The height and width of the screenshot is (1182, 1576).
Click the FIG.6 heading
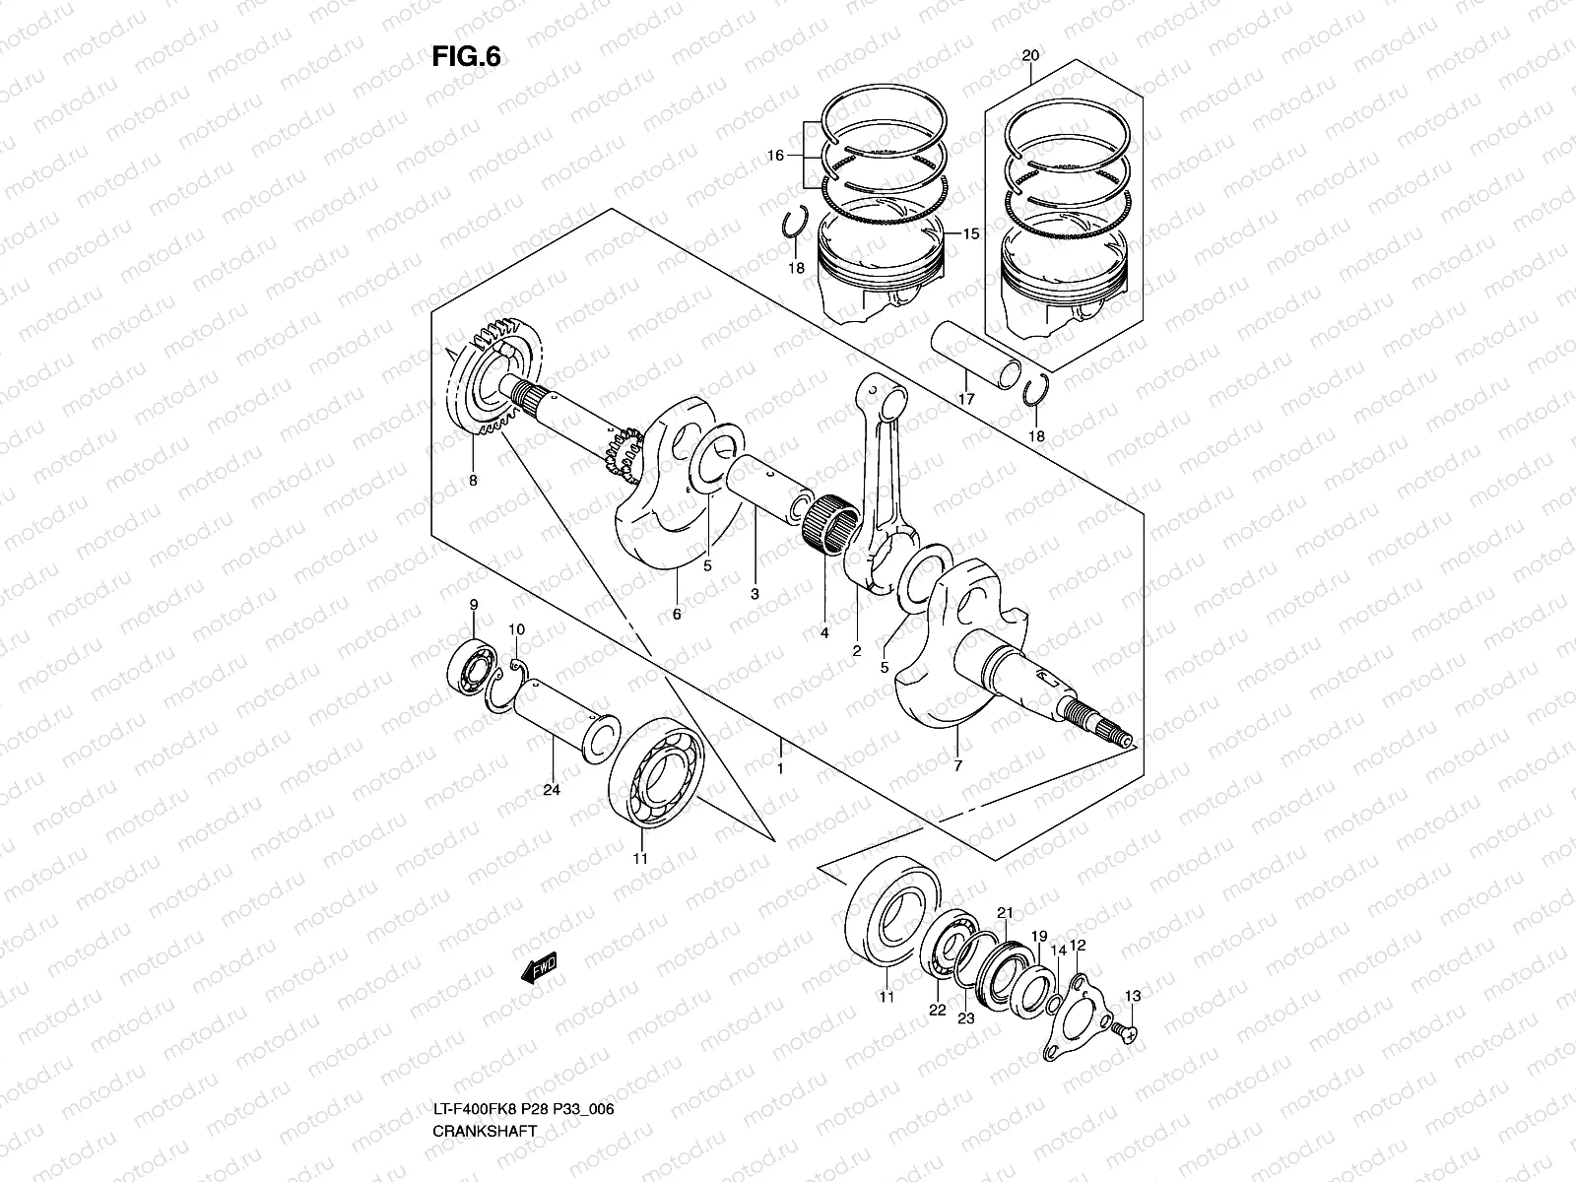pyautogui.click(x=466, y=58)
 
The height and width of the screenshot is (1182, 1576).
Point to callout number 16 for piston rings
pyautogui.click(x=774, y=156)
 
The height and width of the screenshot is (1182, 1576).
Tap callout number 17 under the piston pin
pyautogui.click(x=966, y=399)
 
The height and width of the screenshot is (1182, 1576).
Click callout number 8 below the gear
pyautogui.click(x=473, y=481)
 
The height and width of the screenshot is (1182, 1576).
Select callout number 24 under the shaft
pyautogui.click(x=552, y=790)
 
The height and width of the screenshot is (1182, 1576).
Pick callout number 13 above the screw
pyautogui.click(x=1133, y=997)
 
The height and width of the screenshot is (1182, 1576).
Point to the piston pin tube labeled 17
pyautogui.click(x=975, y=358)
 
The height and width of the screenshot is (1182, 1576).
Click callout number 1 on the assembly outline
pyautogui.click(x=779, y=768)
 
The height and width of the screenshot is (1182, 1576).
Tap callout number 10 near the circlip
pyautogui.click(x=516, y=629)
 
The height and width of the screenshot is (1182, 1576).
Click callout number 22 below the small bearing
pyautogui.click(x=936, y=1011)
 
